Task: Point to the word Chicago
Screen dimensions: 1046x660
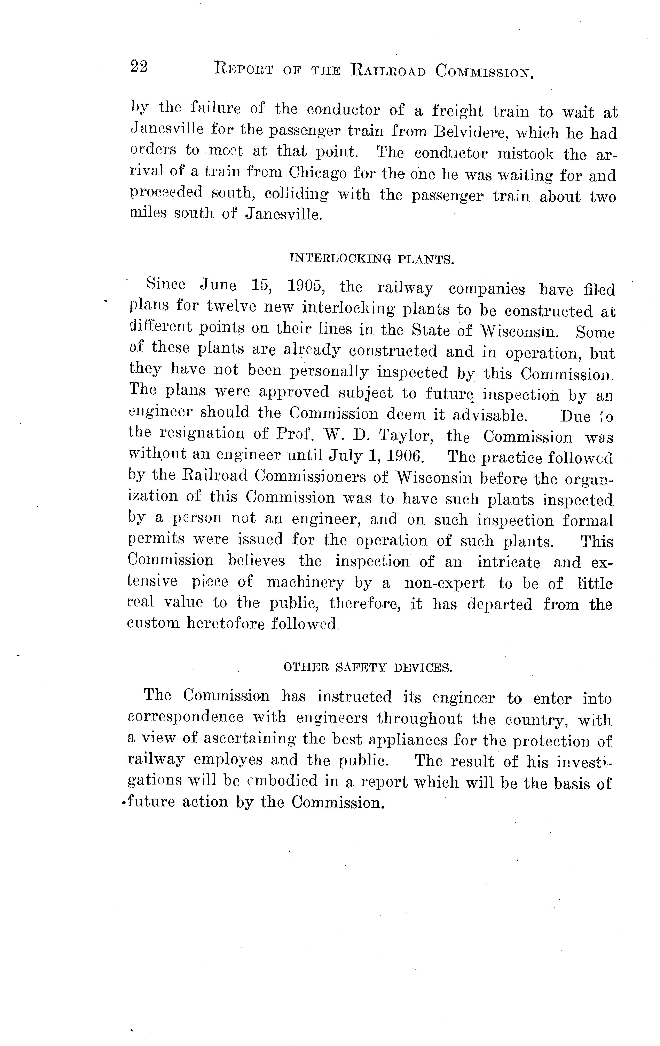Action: coord(317,173)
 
